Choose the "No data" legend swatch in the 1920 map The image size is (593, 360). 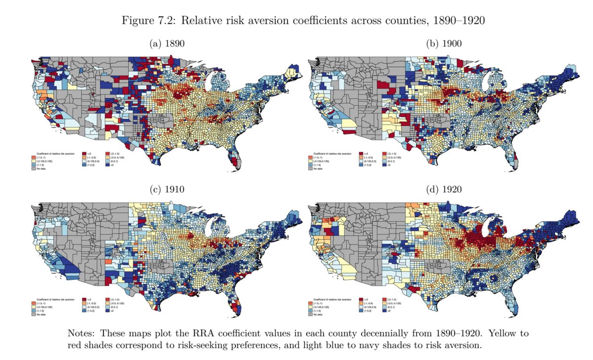pyautogui.click(x=310, y=314)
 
